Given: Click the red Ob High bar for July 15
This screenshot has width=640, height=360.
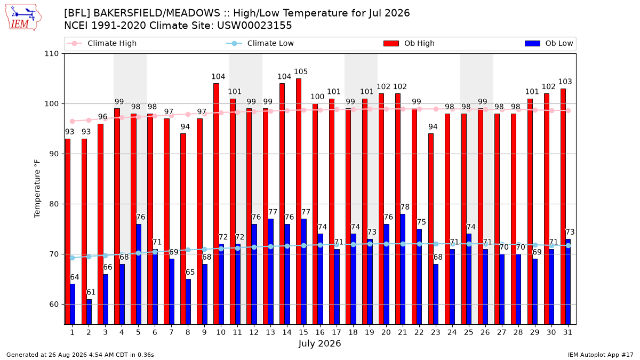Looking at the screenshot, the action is coord(299,202).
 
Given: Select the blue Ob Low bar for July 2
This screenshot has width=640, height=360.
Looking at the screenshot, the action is coord(89,311).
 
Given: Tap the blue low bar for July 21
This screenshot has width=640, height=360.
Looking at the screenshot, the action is coord(403,269).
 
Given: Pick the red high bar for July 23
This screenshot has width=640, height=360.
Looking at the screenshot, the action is coord(431,229).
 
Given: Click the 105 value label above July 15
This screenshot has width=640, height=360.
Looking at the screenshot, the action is coord(301,71).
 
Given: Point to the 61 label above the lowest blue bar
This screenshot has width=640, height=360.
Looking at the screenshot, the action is coord(91,292).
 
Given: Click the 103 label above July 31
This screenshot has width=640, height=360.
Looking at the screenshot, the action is coord(565,82).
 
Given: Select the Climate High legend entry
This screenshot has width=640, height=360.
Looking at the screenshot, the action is coord(102,43).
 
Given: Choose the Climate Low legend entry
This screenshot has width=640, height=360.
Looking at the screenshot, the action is coord(260,43).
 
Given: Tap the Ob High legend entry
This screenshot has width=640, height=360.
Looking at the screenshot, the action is coord(409,43).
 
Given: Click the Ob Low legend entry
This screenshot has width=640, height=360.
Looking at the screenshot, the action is coord(549,43).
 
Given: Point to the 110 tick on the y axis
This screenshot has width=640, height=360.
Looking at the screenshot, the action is coord(51,54).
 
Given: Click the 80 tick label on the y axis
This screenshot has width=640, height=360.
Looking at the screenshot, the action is coord(54,204).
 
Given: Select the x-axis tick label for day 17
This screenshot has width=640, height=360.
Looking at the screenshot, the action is coord(337,332).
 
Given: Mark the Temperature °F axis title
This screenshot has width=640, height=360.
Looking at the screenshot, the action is coord(37,189).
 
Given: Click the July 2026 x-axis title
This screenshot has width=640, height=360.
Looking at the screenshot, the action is coord(319,343).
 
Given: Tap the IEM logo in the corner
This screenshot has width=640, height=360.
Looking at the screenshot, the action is coord(23,17).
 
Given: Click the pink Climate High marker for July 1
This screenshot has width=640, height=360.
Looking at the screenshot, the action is coord(73,122).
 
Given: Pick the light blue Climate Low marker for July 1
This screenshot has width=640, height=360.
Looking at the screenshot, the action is coord(73,258).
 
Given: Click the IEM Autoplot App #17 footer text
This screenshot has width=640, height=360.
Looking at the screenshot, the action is coord(601,355).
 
